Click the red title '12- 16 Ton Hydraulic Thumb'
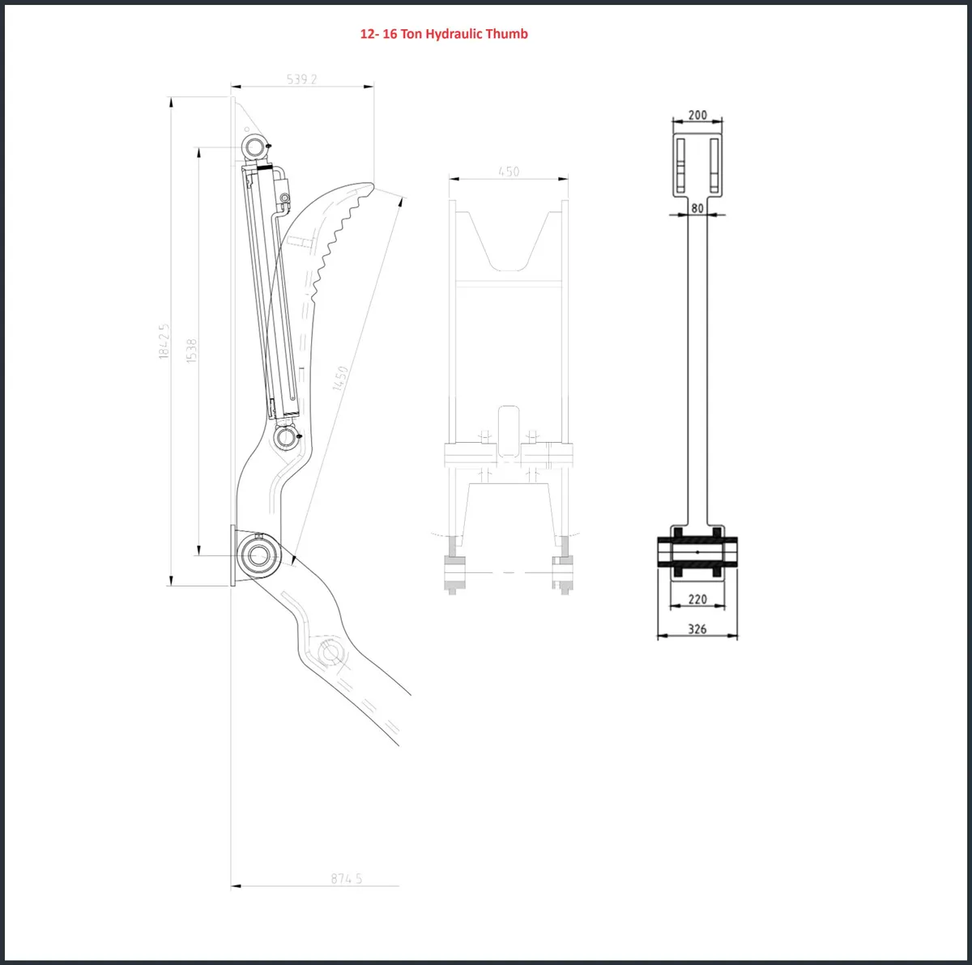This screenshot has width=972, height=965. click(444, 34)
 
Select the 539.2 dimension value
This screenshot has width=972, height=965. click(302, 79)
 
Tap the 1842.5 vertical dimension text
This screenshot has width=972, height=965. click(164, 341)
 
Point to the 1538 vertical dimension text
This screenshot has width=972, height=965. click(192, 350)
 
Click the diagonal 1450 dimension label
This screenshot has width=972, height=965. click(341, 379)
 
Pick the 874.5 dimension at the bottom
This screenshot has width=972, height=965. click(346, 878)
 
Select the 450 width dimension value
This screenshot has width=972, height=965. click(509, 171)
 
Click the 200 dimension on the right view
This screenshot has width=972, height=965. click(697, 116)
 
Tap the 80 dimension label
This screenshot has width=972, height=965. click(697, 208)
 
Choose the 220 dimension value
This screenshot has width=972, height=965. click(697, 599)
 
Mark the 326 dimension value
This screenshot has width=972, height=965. click(697, 628)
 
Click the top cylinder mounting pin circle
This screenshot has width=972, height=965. click(254, 147)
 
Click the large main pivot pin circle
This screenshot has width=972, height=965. click(259, 555)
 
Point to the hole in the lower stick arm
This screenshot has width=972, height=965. click(330, 652)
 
